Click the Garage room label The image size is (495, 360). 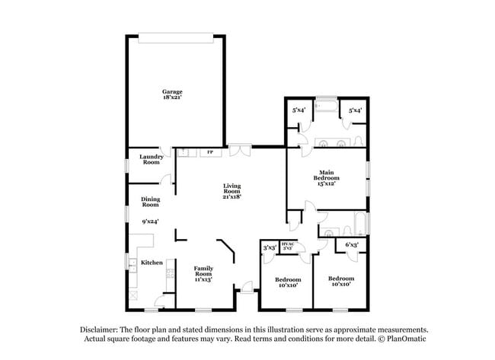(x=172, y=91)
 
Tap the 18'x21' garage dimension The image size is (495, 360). (x=172, y=97)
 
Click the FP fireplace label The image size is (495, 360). (x=210, y=152)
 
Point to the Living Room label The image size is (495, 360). (x=232, y=189)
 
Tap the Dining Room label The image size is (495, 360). (x=150, y=202)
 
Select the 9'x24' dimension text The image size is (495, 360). (x=150, y=221)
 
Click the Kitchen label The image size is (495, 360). (x=152, y=263)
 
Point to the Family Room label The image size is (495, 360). (x=203, y=271)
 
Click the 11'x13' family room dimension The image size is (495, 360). (x=203, y=279)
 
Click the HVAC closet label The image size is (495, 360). (x=288, y=244)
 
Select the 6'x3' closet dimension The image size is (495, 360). (x=352, y=244)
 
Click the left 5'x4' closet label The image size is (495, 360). (x=299, y=111)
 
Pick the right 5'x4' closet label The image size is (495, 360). (x=354, y=111)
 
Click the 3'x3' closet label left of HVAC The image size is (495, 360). (x=269, y=247)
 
